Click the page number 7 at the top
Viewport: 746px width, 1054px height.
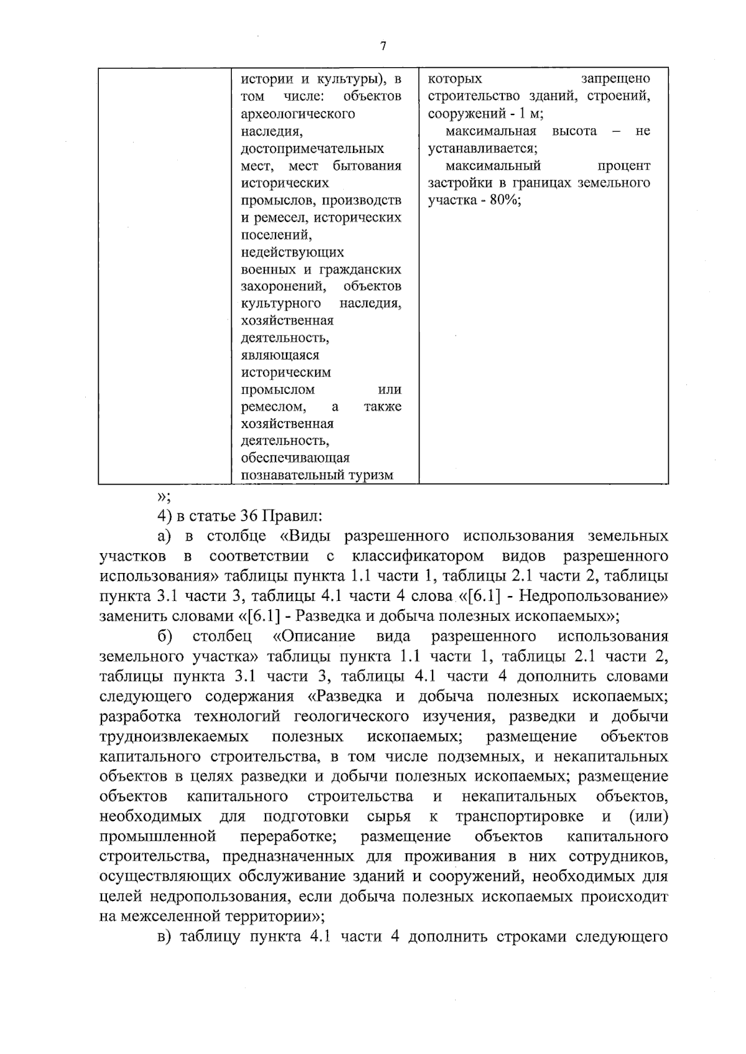click(383, 47)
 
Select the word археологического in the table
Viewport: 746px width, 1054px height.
click(298, 114)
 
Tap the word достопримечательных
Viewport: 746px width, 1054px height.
click(312, 149)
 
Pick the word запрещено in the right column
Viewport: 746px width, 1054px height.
click(615, 79)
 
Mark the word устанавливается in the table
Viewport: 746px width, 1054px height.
click(481, 149)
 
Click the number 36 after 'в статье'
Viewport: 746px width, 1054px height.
click(249, 516)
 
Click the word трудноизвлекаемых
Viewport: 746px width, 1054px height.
click(174, 736)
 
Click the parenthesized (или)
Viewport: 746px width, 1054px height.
click(648, 816)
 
